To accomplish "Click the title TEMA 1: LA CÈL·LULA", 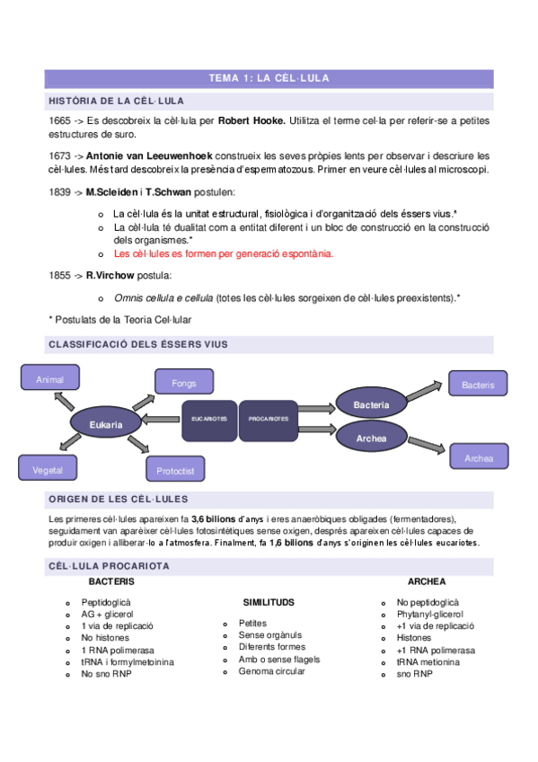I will tap(269, 78).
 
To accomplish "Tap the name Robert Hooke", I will tap(252, 120).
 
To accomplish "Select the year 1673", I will tap(61, 155).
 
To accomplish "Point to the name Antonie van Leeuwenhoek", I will tap(149, 155).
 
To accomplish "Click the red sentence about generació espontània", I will tap(223, 253).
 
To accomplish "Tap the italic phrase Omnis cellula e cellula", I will tap(163, 297).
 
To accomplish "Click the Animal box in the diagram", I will tap(49, 380).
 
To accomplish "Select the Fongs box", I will tap(184, 384).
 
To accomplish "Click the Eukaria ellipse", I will tap(105, 423).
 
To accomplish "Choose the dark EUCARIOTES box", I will tap(210, 420).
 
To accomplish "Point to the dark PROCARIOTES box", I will tap(269, 420).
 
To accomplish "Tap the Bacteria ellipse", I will tap(371, 405).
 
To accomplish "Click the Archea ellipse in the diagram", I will tap(371, 439).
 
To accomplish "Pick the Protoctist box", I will tap(176, 470).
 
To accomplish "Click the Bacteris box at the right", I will tap(478, 385).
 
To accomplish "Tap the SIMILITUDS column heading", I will tap(269, 602).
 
